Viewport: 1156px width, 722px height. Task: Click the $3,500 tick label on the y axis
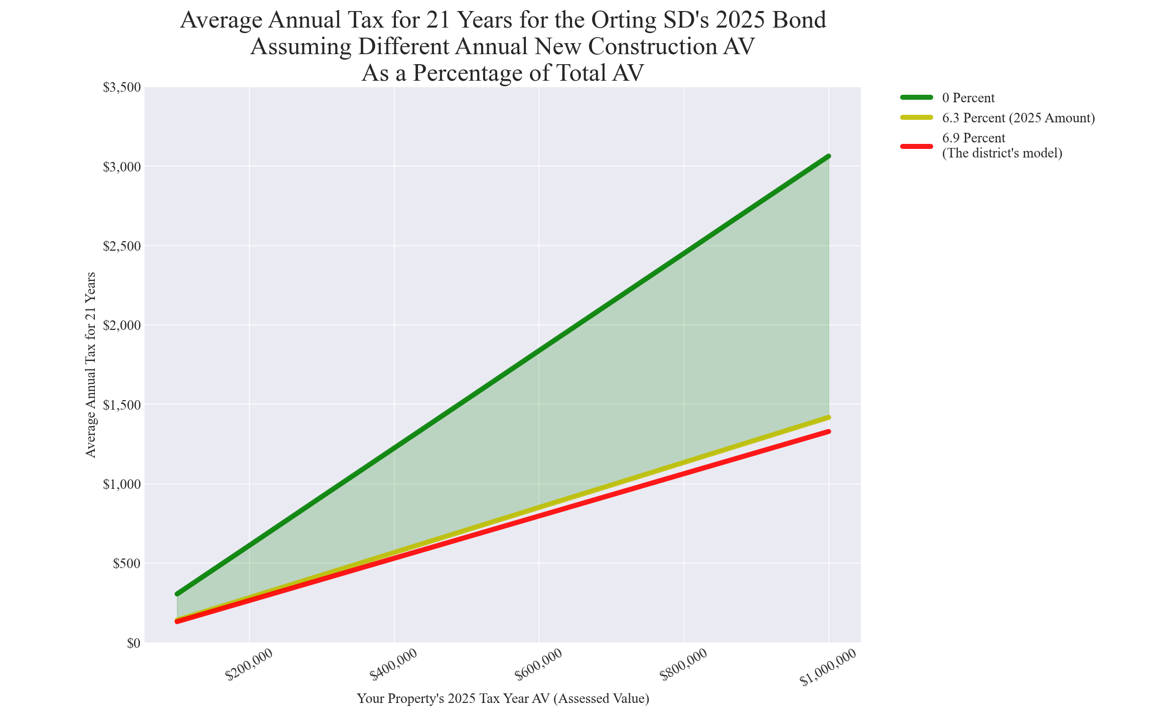[122, 88]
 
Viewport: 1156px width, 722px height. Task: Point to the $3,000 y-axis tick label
[122, 167]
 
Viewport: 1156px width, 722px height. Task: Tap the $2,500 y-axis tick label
[122, 246]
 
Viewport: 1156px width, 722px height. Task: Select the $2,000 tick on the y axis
[122, 325]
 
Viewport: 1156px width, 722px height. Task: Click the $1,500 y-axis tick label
[122, 405]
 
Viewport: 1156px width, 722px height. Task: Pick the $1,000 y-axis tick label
[122, 484]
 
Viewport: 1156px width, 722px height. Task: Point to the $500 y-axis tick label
[126, 564]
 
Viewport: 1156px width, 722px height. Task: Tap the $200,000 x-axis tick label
[249, 665]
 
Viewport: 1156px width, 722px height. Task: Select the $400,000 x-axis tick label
[394, 665]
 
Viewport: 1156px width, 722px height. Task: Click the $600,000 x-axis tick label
[539, 665]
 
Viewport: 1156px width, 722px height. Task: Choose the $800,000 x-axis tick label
[684, 665]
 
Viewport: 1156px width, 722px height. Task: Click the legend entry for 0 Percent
[968, 98]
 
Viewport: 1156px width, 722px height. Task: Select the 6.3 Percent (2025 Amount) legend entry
[1018, 118]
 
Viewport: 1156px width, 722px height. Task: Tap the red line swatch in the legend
[916, 146]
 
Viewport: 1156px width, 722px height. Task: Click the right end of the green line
[829, 156]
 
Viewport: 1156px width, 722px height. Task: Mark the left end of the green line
[177, 594]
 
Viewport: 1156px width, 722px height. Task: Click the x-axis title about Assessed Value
[503, 698]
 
